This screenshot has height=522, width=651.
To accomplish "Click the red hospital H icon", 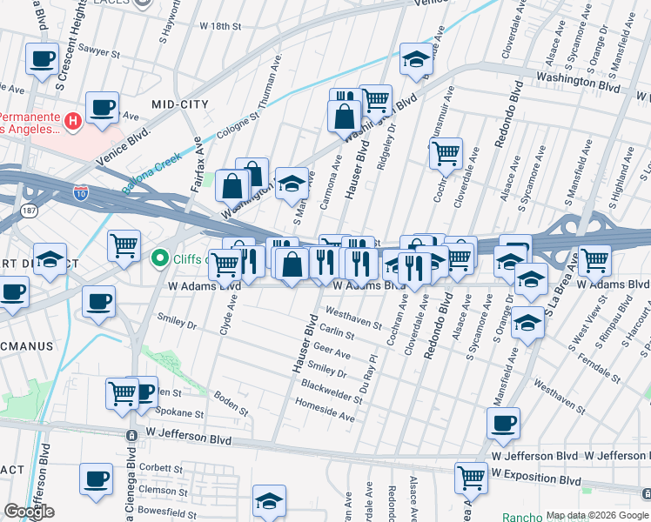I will tap(74, 119).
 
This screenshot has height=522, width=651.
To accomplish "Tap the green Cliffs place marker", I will tap(160, 258).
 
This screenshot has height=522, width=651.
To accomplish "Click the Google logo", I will tap(29, 512).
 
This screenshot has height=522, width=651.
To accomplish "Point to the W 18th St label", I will tap(219, 27).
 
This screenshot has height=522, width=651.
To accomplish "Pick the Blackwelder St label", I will tap(332, 391).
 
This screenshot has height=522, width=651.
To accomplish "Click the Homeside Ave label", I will tap(325, 411).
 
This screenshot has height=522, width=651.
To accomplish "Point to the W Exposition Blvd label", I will tap(535, 479).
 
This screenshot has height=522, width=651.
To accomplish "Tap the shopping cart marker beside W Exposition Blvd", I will tap(471, 476).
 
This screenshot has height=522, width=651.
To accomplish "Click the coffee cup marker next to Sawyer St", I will tap(42, 60).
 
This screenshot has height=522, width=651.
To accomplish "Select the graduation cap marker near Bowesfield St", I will tap(269, 500).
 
